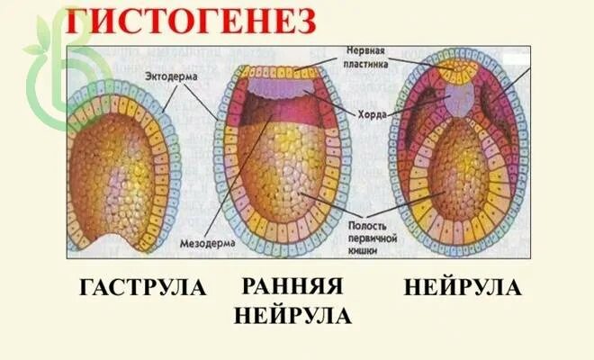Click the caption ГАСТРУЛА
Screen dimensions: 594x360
(143, 288)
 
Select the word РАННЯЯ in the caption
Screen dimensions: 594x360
(293, 287)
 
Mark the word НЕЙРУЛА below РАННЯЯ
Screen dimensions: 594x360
(293, 316)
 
